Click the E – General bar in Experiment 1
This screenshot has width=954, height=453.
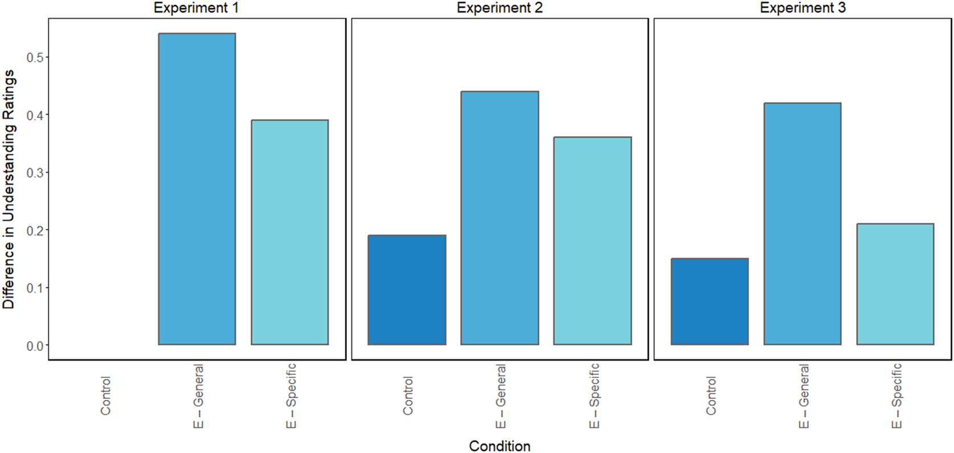click(196, 189)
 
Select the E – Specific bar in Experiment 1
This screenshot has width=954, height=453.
click(289, 232)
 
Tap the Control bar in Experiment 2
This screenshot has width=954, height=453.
click(407, 289)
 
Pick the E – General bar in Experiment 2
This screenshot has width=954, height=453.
click(499, 218)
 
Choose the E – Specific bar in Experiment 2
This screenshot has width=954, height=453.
click(592, 240)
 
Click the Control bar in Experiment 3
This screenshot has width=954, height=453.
click(710, 301)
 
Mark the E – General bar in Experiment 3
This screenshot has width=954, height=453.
click(802, 223)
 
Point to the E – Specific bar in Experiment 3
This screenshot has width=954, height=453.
click(895, 284)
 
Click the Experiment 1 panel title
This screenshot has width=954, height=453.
click(196, 8)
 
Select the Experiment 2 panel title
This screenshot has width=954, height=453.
click(499, 8)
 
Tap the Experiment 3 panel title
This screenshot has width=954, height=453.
click(802, 8)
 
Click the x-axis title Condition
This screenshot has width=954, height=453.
click(499, 446)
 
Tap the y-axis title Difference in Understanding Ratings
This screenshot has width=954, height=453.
click(9, 189)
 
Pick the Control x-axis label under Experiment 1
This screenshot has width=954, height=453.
click(105, 395)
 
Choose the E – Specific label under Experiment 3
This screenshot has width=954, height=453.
click(896, 396)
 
